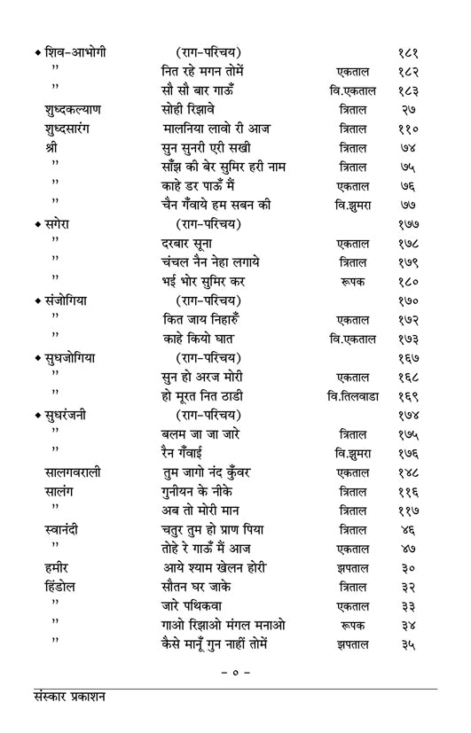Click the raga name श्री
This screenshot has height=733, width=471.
[51, 148]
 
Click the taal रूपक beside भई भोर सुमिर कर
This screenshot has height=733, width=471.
[353, 282]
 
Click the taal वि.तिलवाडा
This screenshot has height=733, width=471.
[353, 396]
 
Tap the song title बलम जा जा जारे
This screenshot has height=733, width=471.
[197, 434]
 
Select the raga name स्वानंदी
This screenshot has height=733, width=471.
[61, 530]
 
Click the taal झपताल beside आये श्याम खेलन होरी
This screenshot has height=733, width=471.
[353, 568]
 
